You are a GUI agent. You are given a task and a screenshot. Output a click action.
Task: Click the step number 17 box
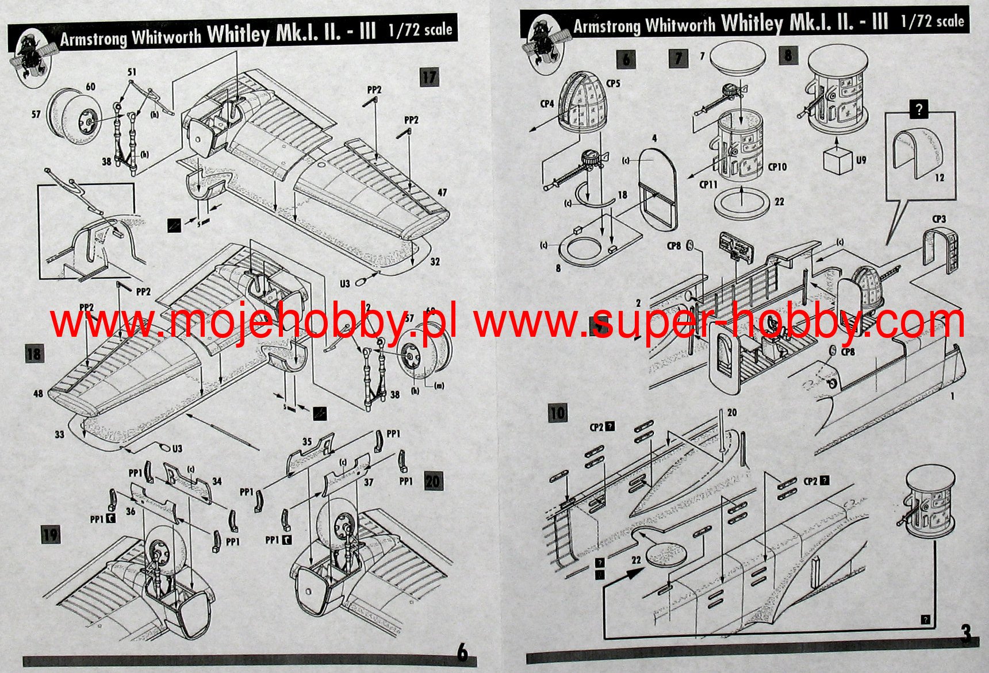pyautogui.click(x=430, y=77)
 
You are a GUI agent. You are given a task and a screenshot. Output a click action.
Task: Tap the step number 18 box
pyautogui.click(x=34, y=353)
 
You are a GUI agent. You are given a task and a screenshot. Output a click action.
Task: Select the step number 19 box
pyautogui.click(x=51, y=535)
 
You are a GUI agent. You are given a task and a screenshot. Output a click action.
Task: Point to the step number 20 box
pyautogui.click(x=433, y=481)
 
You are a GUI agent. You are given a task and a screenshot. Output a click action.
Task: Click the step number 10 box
pyautogui.click(x=557, y=412)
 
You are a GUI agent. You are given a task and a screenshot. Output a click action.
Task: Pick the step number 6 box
pyautogui.click(x=626, y=59)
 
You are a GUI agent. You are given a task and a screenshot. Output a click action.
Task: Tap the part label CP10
pyautogui.click(x=777, y=167)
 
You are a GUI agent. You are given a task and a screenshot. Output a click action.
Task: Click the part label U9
pyautogui.click(x=860, y=160)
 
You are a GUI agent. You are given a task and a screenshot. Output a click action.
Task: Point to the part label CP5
pyautogui.click(x=613, y=83)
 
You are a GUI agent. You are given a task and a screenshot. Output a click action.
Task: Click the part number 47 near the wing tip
pyautogui.click(x=442, y=193)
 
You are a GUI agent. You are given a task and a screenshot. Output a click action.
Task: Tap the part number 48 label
pyautogui.click(x=38, y=394)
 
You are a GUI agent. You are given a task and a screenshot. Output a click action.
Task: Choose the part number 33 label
pyautogui.click(x=59, y=434)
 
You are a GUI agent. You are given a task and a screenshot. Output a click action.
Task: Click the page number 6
pyautogui.click(x=462, y=652)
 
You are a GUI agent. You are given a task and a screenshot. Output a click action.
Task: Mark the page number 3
pyautogui.click(x=965, y=634)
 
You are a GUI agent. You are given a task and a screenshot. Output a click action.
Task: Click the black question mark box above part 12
pyautogui.click(x=919, y=109)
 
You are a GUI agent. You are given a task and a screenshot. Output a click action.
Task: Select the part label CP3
pyautogui.click(x=938, y=219)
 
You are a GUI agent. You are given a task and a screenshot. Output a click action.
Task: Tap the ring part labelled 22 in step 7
pyautogui.click(x=742, y=202)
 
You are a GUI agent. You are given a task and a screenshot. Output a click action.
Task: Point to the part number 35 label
pyautogui.click(x=307, y=441)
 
